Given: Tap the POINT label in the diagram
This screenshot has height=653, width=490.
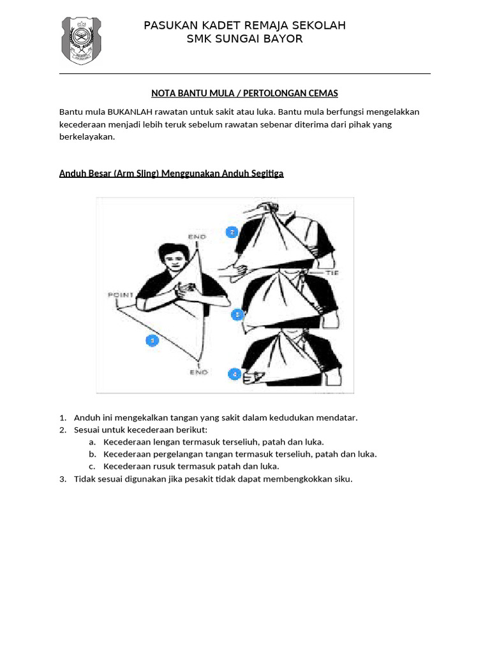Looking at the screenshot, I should click(x=121, y=295).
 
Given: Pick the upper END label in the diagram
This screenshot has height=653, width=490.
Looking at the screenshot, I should click(x=197, y=237).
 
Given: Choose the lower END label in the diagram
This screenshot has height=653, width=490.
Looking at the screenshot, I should click(x=198, y=372).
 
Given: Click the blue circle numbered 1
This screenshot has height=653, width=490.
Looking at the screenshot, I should click(x=152, y=341).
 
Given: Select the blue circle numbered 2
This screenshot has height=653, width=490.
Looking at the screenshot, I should click(x=232, y=232).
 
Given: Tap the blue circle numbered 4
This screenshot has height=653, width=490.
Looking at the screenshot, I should click(x=234, y=374).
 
